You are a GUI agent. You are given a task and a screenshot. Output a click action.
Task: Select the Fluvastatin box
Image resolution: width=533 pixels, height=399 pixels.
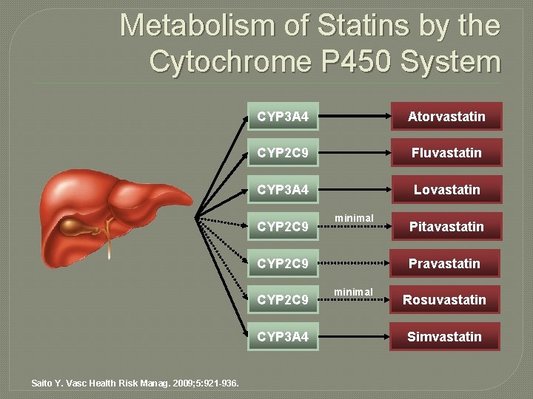point(447,153)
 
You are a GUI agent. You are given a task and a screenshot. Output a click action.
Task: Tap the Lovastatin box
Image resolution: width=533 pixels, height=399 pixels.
point(446,190)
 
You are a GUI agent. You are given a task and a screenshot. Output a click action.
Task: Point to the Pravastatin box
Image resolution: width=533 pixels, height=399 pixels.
point(446,264)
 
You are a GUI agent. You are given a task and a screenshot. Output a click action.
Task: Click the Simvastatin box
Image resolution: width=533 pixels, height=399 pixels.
point(446,337)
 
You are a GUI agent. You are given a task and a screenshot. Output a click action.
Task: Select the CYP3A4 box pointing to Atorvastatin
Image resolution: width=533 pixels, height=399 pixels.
point(284,117)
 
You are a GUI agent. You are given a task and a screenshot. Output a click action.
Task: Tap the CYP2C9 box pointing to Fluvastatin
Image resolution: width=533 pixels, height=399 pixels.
point(284,153)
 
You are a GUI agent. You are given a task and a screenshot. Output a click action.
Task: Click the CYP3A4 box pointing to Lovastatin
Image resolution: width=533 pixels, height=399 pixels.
point(284,190)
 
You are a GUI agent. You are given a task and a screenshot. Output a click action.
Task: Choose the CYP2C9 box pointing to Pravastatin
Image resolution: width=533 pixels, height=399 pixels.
point(284,264)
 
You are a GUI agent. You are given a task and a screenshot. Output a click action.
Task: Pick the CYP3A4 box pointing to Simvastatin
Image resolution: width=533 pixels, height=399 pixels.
point(284,337)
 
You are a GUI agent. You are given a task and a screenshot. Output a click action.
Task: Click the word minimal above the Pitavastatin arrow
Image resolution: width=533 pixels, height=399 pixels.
point(354,218)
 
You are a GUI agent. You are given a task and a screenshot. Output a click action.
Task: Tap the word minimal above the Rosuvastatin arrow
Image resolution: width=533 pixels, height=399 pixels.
point(354,291)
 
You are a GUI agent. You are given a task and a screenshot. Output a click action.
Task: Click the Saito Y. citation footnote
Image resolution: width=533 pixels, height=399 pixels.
point(135,383)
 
